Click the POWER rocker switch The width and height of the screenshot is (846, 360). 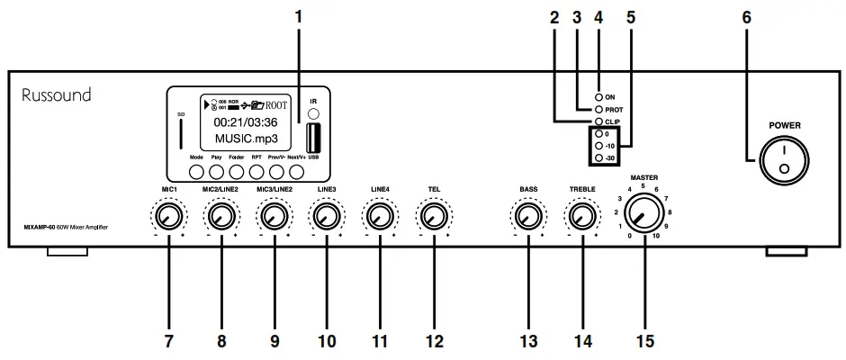coord(781,161)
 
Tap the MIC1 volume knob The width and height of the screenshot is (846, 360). coord(167,216)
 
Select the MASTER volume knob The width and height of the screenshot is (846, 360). coord(643,215)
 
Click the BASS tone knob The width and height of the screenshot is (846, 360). coord(527,216)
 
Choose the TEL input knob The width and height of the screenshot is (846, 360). coord(434,216)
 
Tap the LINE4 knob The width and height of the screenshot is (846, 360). coord(380,216)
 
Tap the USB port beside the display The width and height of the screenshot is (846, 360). coord(313,137)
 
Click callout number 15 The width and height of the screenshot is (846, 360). coord(644,342)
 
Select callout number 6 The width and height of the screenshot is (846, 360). coord(747,16)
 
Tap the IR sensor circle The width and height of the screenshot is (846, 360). coord(313,114)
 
